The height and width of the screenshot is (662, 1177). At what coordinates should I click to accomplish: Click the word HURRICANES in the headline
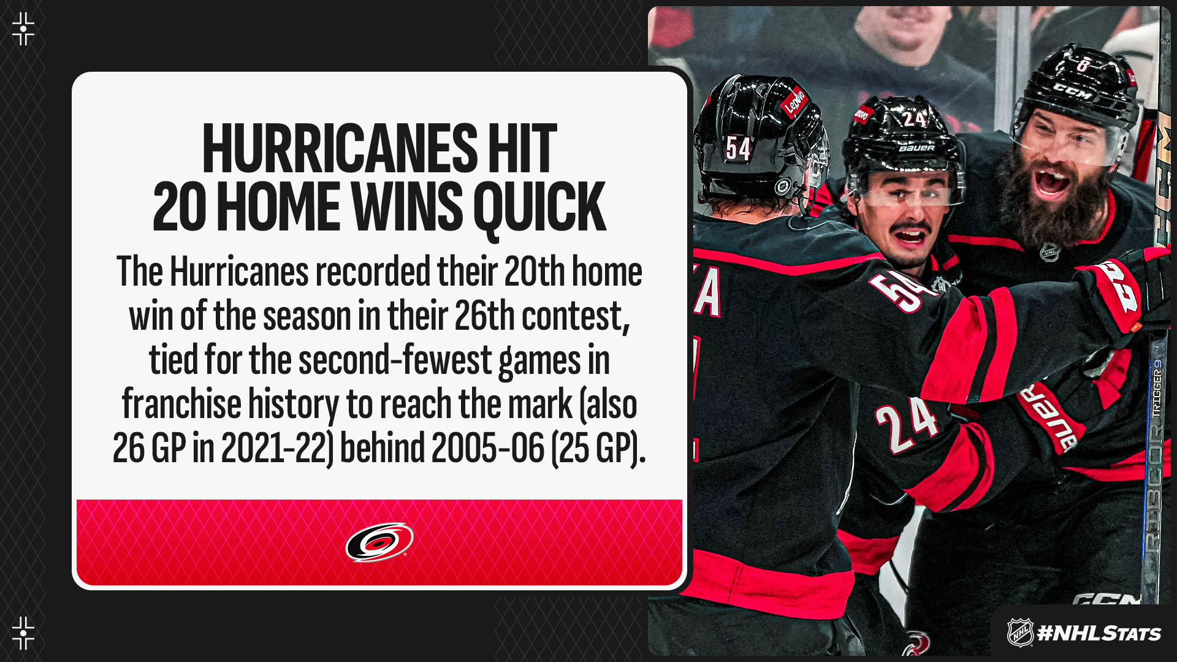[340, 148]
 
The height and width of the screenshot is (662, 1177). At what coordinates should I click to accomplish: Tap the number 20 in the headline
[180, 207]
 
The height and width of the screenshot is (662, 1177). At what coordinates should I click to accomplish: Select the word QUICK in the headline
[539, 208]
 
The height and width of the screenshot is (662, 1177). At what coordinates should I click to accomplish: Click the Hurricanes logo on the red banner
[379, 542]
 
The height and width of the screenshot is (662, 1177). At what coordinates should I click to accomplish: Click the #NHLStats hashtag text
[1099, 633]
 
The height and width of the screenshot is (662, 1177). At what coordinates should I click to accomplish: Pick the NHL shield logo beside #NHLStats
[1020, 633]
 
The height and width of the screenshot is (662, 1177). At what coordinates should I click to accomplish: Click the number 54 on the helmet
[738, 148]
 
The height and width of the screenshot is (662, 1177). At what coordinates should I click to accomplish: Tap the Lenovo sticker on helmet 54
[794, 102]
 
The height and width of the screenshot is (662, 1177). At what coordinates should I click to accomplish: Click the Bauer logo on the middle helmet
[916, 148]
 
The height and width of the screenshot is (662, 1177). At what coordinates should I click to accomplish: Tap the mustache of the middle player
[911, 230]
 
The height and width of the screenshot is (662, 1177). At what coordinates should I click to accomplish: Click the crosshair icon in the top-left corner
[23, 29]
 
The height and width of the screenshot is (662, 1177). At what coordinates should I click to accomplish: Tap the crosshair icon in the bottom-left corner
[23, 633]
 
